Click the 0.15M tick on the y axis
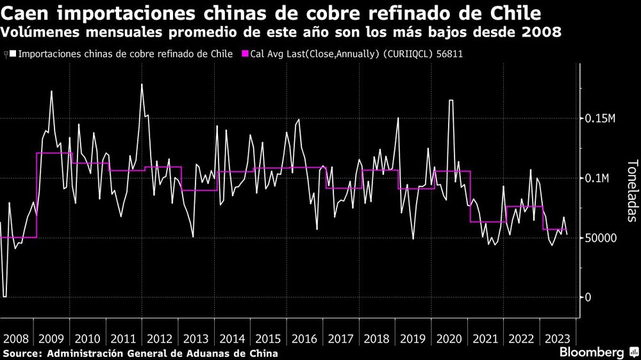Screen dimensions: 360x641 (x=600, y=119)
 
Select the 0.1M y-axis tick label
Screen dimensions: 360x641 (x=597, y=178)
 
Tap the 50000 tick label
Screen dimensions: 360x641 (x=601, y=238)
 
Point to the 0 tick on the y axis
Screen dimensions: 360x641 (x=588, y=297)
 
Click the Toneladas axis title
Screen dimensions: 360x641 (x=631, y=190)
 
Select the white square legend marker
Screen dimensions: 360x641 (x=13, y=54)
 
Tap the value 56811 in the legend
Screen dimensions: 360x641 (x=449, y=54)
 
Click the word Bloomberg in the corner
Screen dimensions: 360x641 (x=592, y=352)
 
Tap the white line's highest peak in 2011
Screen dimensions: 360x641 (x=142, y=85)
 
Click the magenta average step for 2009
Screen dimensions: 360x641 (x=54, y=153)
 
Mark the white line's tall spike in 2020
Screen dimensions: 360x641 (x=451, y=101)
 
